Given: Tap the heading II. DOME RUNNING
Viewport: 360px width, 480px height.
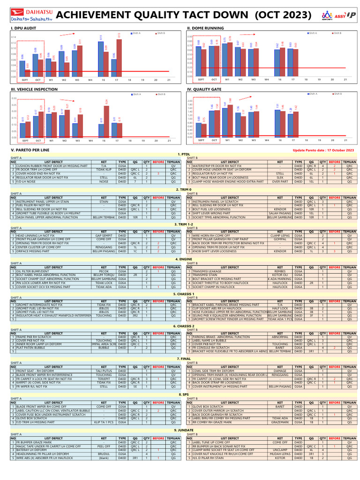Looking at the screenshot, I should click(205, 29).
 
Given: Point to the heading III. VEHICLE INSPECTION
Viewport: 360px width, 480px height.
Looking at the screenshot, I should click(28, 89).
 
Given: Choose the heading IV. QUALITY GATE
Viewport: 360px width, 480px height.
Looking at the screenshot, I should click(203, 89).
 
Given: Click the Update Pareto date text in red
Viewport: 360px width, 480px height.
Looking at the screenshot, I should click(323, 150).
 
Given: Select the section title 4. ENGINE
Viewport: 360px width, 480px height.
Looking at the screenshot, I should click(183, 259).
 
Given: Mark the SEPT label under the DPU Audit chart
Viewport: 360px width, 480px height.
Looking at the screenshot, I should click(25, 80).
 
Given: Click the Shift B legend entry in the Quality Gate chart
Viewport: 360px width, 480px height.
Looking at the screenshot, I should click(337, 94).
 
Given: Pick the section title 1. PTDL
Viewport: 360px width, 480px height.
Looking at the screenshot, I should click(183, 154).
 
